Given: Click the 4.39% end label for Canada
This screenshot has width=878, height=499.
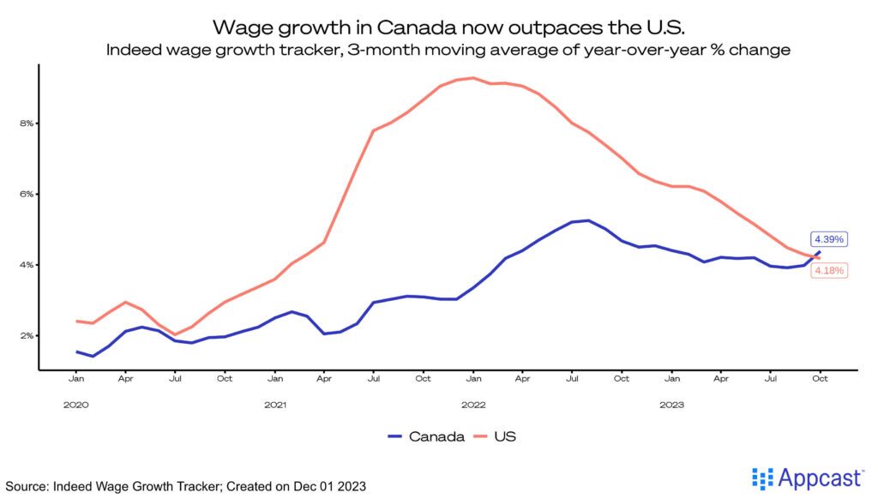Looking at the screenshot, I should click(x=828, y=239).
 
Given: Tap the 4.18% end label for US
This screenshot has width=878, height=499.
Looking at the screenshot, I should click(x=828, y=271).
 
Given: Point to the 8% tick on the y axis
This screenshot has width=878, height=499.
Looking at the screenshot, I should click(x=27, y=123).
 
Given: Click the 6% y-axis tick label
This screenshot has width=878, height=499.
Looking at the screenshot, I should click(x=27, y=194).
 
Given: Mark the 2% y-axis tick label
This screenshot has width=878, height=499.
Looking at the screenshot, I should click(x=27, y=335).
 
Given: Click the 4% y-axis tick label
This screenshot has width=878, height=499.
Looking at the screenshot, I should click(x=27, y=265).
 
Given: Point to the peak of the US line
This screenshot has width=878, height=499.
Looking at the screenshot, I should click(x=472, y=78).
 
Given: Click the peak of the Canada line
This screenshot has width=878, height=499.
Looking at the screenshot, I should click(x=587, y=220).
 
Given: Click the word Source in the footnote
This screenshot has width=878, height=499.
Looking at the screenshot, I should click(x=27, y=486).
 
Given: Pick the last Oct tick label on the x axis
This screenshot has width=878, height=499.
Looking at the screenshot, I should click(x=820, y=377).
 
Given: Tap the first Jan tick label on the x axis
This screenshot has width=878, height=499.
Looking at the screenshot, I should click(x=75, y=377).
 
